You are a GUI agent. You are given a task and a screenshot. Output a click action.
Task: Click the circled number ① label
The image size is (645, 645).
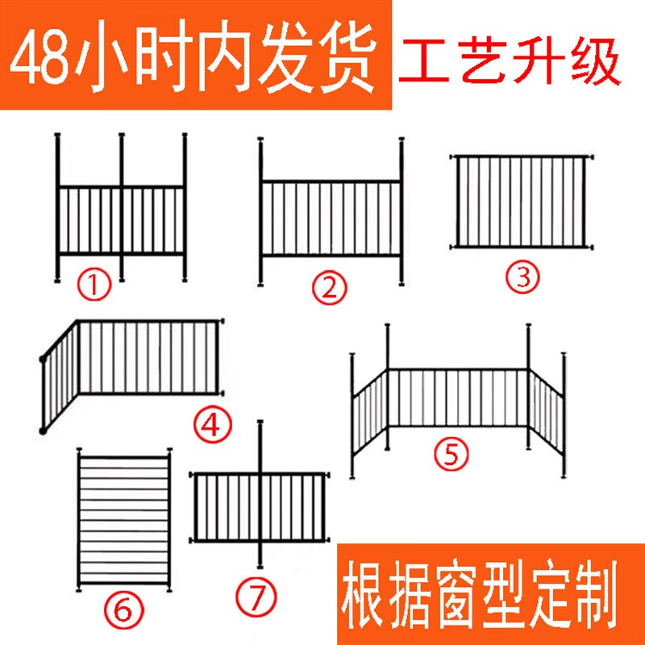click(94, 285)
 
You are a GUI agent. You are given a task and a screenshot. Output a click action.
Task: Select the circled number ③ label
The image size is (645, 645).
click(522, 277)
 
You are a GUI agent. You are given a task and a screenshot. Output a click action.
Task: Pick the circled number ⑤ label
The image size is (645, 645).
click(451, 455)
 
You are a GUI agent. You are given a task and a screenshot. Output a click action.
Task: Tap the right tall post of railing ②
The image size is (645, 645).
click(402, 211)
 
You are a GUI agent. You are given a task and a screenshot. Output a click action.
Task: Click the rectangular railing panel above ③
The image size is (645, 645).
click(522, 202)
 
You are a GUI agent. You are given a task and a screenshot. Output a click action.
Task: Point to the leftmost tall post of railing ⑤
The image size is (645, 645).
click(353, 415)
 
